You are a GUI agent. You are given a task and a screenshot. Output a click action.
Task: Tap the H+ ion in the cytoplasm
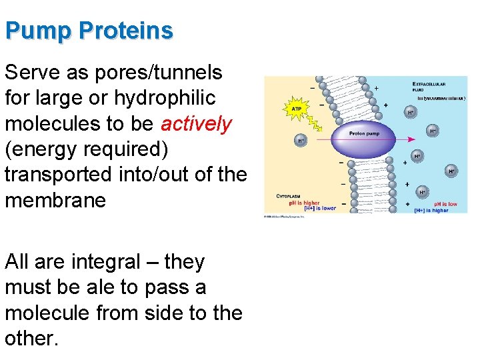click(x=301, y=141)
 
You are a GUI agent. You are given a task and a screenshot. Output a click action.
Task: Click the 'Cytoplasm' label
click(x=291, y=196)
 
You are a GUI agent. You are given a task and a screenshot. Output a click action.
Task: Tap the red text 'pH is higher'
click(x=304, y=203)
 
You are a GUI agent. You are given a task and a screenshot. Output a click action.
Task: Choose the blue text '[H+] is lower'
click(x=319, y=208)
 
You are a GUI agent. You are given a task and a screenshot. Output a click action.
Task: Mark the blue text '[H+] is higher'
click(x=431, y=210)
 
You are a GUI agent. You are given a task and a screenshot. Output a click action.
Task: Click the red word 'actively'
click(x=197, y=124)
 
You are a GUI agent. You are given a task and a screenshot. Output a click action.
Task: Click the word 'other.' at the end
click(x=32, y=338)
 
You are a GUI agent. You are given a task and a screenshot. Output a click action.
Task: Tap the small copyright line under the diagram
click(x=284, y=216)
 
